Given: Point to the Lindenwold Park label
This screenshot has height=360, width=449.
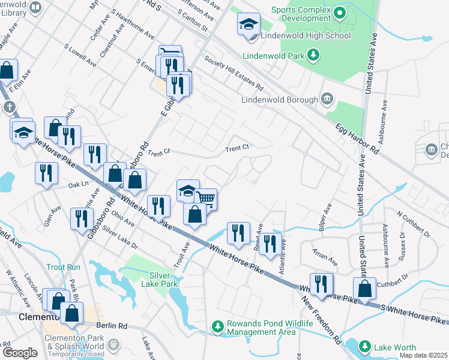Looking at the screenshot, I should pyautogui.click(x=274, y=56).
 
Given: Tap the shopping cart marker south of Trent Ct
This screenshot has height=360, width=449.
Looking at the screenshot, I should pyautogui.click(x=205, y=199).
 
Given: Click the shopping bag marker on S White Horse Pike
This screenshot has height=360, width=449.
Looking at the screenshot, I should pyautogui.click(x=364, y=289).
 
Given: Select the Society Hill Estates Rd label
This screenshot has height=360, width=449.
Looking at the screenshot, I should pyautogui.click(x=234, y=71).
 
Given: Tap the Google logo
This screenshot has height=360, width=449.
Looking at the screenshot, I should pyautogui.click(x=20, y=353).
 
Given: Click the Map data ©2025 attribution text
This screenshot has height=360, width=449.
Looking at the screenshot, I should pyautogui.click(x=423, y=355).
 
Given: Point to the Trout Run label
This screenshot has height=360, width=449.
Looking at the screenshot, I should pyautogui.click(x=63, y=266).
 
